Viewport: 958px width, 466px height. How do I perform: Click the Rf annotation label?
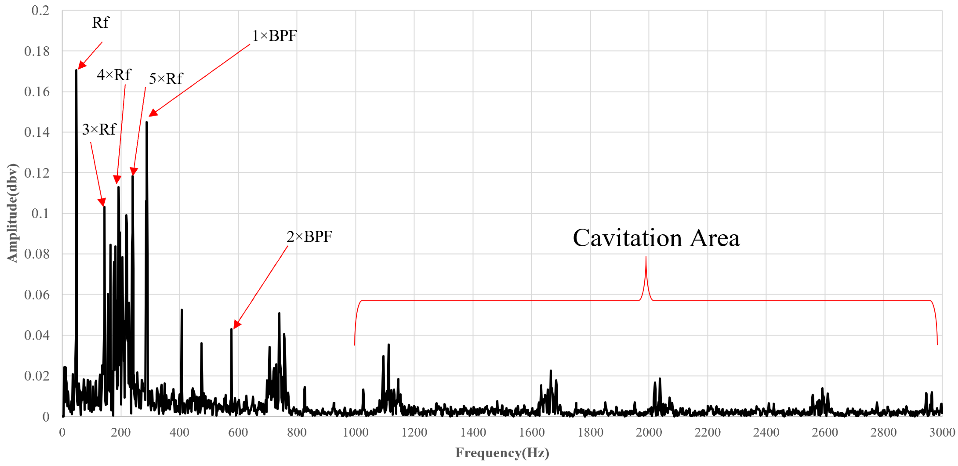pyautogui.click(x=100, y=23)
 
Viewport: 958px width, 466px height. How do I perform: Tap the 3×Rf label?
pyautogui.click(x=99, y=130)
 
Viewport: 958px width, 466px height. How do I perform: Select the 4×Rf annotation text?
pyautogui.click(x=114, y=75)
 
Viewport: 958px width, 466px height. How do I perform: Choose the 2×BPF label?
pyautogui.click(x=309, y=237)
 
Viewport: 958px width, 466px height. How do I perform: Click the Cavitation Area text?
pyautogui.click(x=656, y=238)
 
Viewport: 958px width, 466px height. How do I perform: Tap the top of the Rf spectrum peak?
pyautogui.click(x=76, y=70)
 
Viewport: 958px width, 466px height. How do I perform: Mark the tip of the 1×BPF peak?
pyautogui.click(x=147, y=122)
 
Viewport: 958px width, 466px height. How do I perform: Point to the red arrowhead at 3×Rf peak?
pyautogui.click(x=102, y=203)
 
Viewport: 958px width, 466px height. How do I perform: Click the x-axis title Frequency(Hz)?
pyautogui.click(x=502, y=453)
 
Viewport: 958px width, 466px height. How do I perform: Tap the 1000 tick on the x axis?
pyautogui.click(x=356, y=432)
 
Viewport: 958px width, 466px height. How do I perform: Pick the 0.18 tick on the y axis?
pyautogui.click(x=37, y=51)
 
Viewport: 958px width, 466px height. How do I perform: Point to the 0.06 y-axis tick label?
pyautogui.click(x=37, y=295)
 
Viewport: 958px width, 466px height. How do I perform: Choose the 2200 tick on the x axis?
pyautogui.click(x=707, y=432)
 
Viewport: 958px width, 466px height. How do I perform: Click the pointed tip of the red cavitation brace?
pyautogui.click(x=646, y=257)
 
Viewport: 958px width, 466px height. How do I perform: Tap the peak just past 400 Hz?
pyautogui.click(x=181, y=310)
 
